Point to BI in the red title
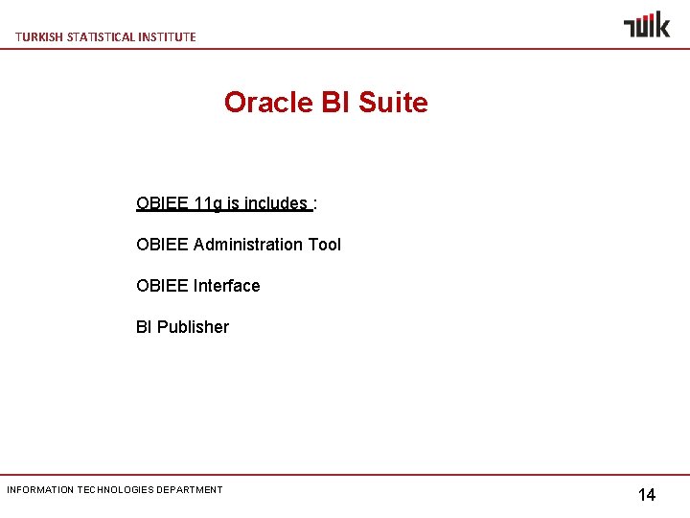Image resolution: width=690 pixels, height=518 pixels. tap(335, 103)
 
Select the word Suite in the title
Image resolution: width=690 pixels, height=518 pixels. tap(392, 103)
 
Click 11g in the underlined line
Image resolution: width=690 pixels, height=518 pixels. tap(208, 203)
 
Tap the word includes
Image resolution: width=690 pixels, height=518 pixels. tap(276, 203)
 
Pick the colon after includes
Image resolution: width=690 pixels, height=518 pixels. tap(315, 203)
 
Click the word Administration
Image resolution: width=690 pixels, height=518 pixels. tap(248, 245)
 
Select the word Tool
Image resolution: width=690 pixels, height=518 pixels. tap(324, 245)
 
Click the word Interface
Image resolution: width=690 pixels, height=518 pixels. tap(226, 286)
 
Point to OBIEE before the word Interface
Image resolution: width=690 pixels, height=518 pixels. tap(163, 286)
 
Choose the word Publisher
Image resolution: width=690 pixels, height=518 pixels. tap(193, 327)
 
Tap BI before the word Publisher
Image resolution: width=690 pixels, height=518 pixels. tap(144, 327)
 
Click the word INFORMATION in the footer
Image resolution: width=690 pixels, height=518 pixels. tap(39, 490)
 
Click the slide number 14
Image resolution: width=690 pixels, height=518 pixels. tap(647, 495)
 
